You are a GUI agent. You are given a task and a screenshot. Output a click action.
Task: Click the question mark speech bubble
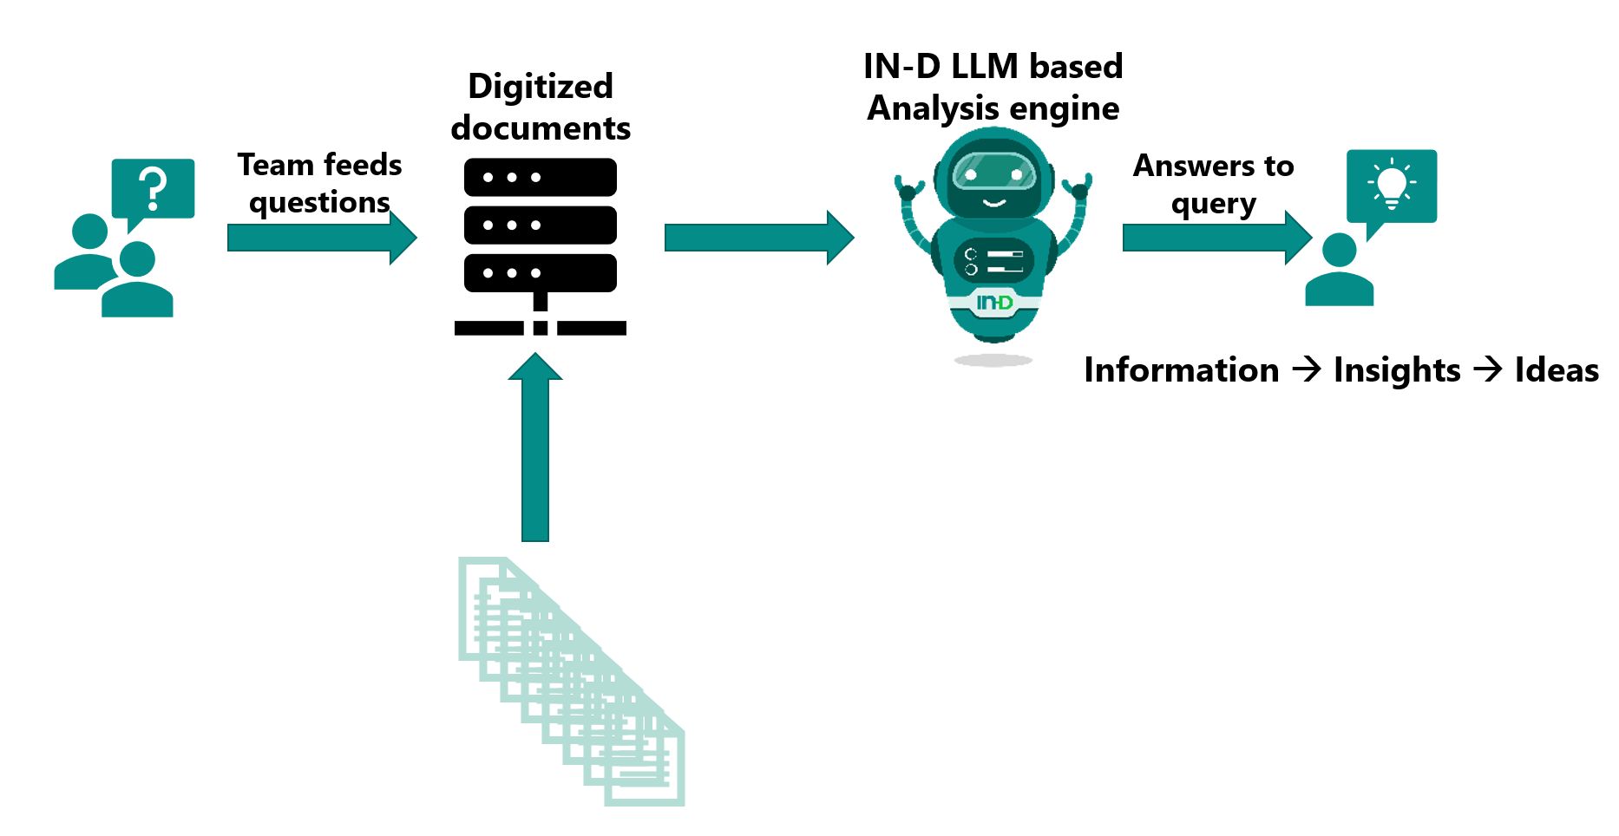(x=153, y=188)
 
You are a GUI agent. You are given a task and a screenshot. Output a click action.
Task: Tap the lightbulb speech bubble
(x=1391, y=186)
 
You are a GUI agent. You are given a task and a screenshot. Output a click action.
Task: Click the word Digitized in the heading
(x=540, y=87)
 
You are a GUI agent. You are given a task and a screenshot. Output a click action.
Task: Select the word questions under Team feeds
(x=319, y=203)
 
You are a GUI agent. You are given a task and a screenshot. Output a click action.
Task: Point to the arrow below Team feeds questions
(x=321, y=238)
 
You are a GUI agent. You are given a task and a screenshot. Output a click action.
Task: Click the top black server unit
(x=540, y=177)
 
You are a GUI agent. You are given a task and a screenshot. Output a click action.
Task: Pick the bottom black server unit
(x=540, y=273)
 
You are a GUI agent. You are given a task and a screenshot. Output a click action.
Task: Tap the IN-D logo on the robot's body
(x=994, y=303)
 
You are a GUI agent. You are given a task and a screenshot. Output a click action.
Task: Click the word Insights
(x=1397, y=370)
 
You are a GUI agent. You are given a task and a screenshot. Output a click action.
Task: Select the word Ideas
(x=1557, y=370)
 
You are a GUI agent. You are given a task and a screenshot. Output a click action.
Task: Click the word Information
(x=1181, y=370)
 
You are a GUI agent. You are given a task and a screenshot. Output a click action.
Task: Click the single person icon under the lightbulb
(x=1339, y=271)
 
